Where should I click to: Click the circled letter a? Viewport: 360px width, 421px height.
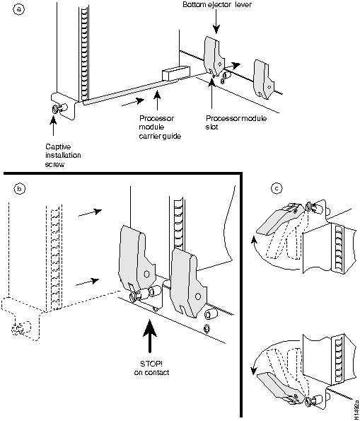coord(18,9)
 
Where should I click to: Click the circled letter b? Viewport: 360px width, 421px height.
coord(19,189)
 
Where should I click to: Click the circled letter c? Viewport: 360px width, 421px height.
coord(277,188)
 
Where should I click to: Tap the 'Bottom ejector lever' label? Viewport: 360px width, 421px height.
coord(217,4)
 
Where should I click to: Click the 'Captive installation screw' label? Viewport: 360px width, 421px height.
coord(63,156)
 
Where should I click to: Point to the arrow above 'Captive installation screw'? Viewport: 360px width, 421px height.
coord(54,127)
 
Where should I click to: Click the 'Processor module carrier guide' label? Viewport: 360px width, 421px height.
coord(160,127)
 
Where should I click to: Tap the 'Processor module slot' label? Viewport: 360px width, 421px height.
coord(236,122)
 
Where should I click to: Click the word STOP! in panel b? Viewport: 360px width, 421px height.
coord(151,364)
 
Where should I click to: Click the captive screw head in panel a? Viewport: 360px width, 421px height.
coord(54,110)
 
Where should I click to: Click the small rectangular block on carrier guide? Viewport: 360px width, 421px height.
coord(176,72)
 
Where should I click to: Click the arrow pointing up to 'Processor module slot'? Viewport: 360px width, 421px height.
coord(211,93)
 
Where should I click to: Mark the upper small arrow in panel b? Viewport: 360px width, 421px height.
coord(91,212)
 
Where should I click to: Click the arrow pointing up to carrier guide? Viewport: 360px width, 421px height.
coord(157,100)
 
